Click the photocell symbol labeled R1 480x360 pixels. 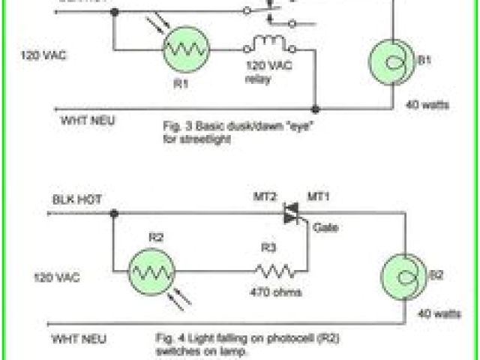184,51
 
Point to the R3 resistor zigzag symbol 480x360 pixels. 271,269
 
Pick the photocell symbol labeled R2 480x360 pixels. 151,269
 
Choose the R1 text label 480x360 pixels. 180,85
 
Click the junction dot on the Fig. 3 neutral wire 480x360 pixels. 316,108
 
